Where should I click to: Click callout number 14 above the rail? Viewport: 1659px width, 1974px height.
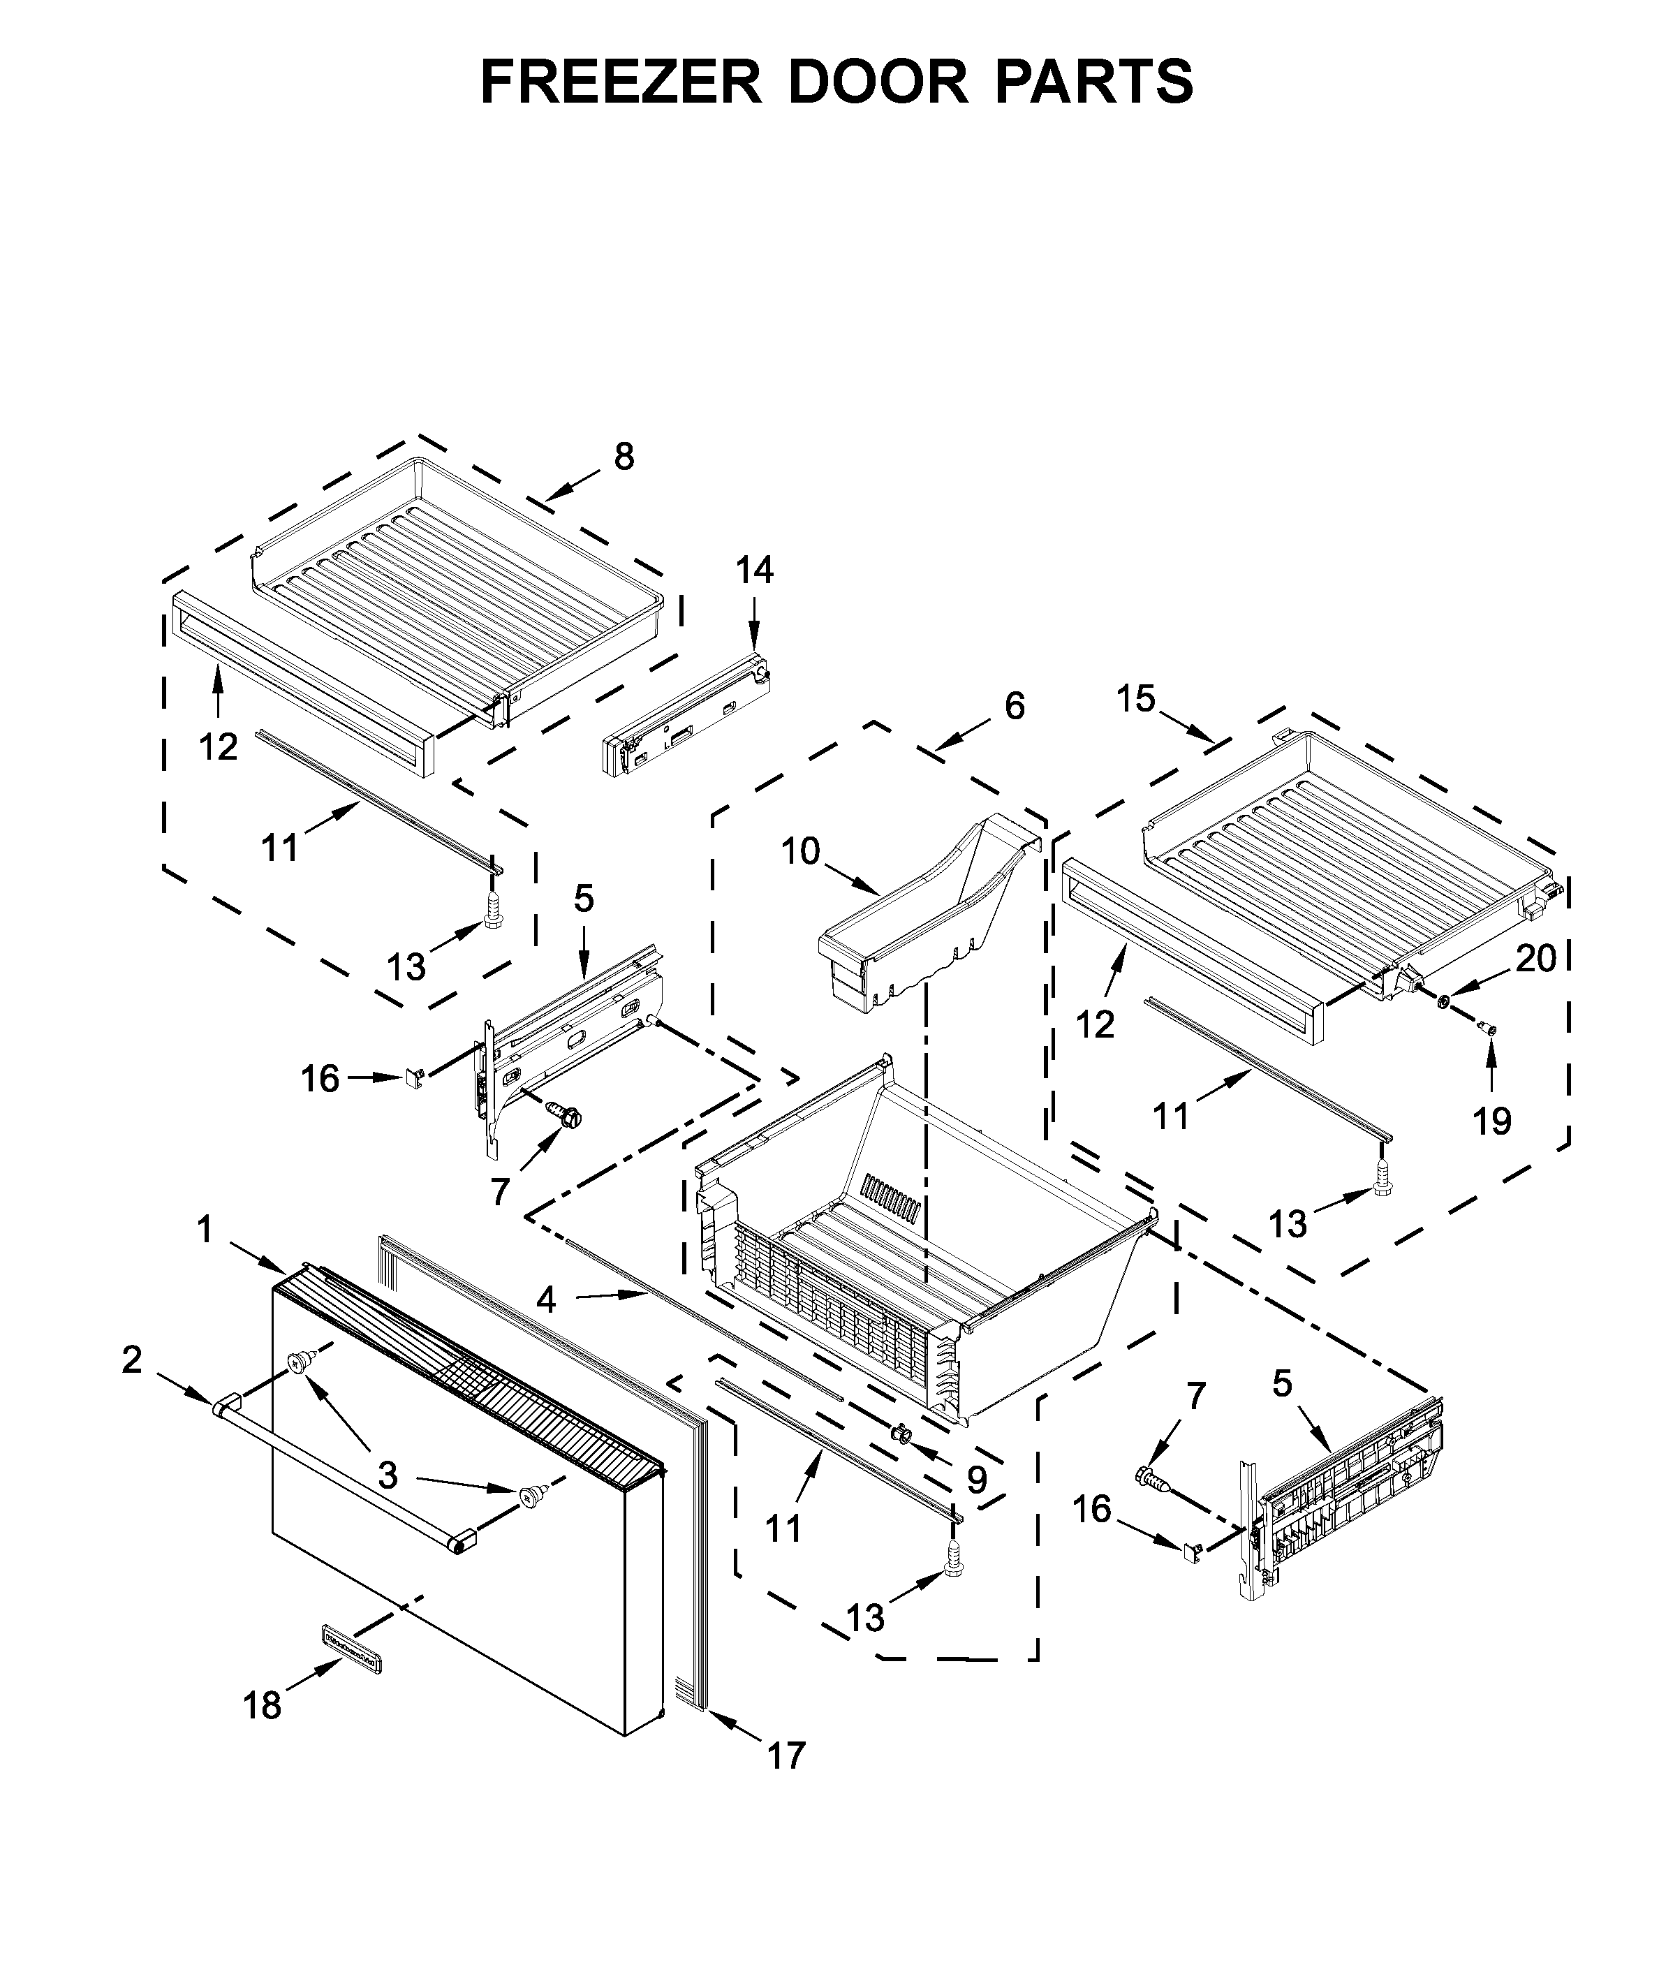click(754, 570)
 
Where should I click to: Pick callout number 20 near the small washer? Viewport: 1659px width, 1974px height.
click(1536, 958)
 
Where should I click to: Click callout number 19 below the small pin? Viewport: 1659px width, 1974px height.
click(1491, 1120)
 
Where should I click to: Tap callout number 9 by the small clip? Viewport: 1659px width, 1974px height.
click(977, 1480)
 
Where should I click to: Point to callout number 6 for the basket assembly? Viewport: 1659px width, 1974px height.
click(1014, 705)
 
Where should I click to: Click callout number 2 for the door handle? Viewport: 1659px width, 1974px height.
click(132, 1359)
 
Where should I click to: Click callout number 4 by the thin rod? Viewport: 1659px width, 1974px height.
click(545, 1301)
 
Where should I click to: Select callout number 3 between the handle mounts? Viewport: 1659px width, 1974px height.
click(388, 1475)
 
